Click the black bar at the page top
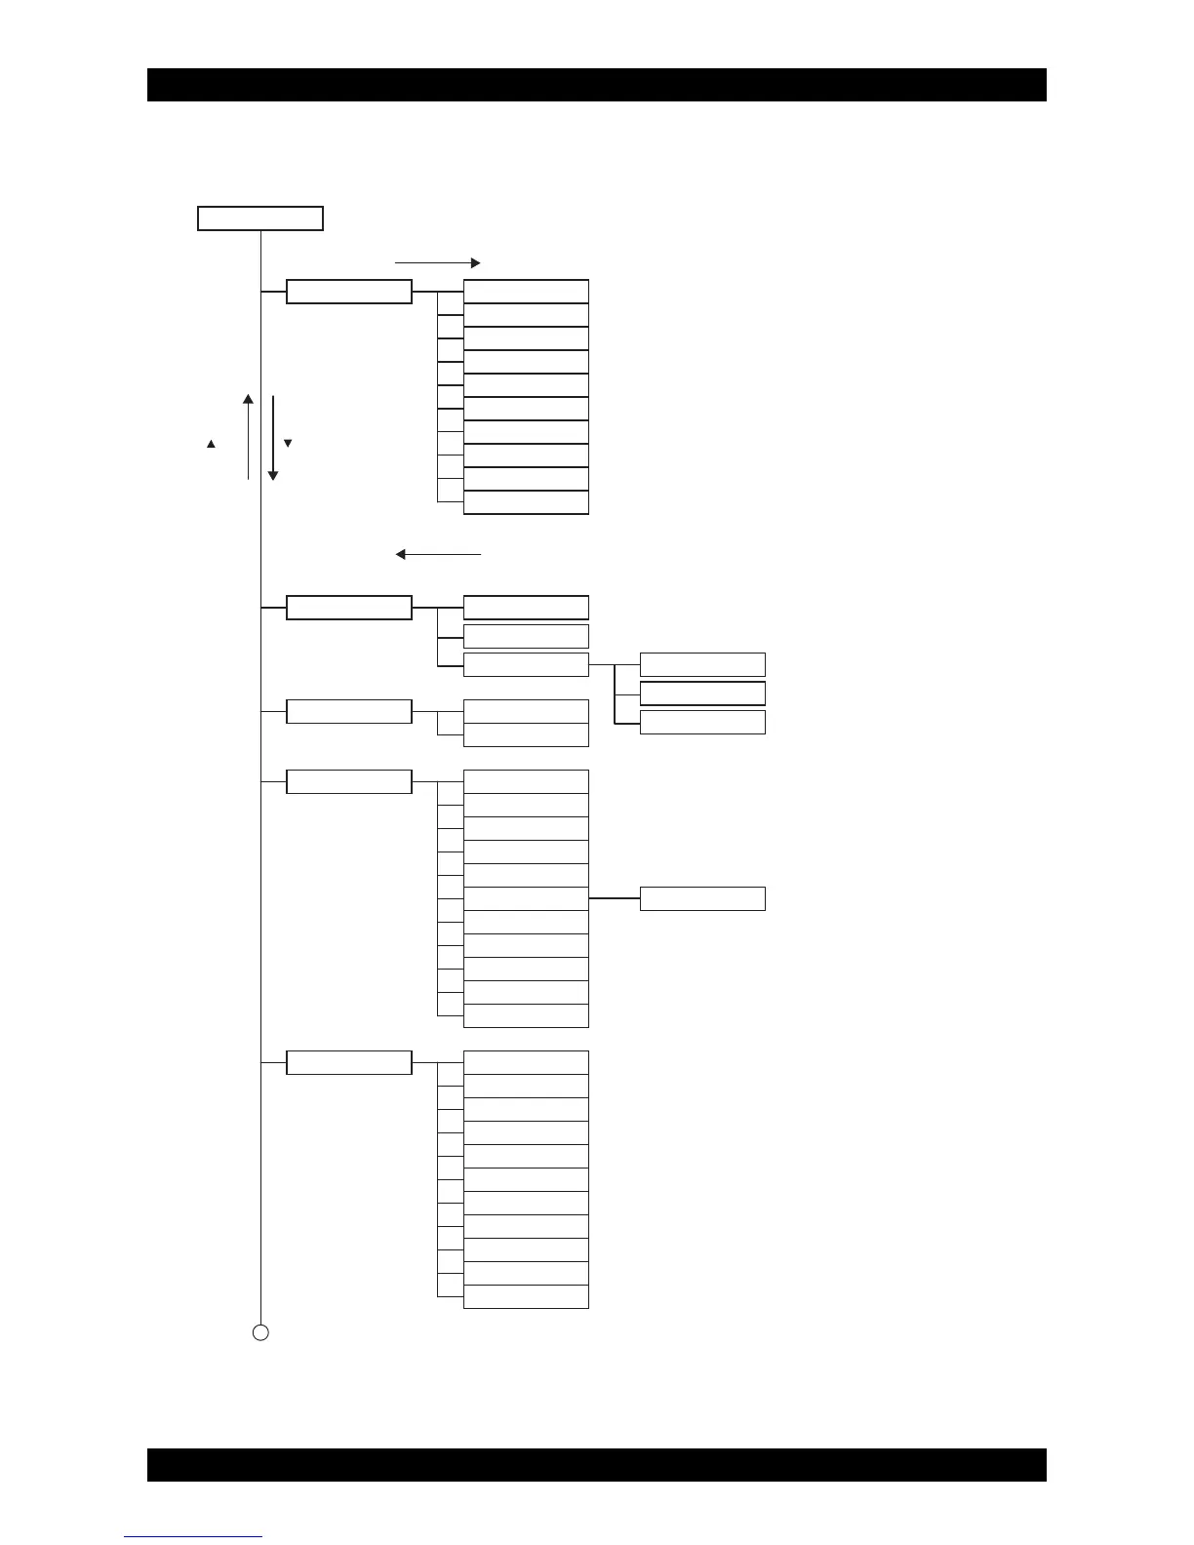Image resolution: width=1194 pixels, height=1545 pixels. pos(596,85)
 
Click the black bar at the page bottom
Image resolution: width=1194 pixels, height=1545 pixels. pos(596,1464)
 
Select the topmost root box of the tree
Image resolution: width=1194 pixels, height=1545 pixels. pos(260,218)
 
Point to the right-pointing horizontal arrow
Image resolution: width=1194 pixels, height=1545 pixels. pos(437,262)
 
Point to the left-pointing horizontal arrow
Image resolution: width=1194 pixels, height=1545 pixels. pos(438,554)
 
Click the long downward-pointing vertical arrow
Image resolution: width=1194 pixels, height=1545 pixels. pos(273,438)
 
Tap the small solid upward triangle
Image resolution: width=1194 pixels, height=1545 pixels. pos(211,445)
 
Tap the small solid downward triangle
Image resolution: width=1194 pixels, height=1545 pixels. pos(288,444)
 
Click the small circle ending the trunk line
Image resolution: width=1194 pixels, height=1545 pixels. pos(260,1332)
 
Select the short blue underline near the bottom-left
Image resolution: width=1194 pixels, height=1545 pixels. pos(193,1537)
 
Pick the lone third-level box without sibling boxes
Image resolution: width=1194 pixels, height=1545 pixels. pos(702,898)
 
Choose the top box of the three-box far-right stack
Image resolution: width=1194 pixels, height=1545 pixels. pos(702,665)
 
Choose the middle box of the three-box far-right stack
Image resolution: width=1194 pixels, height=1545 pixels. pos(702,693)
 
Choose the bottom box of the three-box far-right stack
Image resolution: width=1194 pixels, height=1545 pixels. pos(702,722)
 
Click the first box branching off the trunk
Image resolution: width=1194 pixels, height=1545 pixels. pos(349,292)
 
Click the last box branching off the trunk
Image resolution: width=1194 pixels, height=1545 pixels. pos(349,1062)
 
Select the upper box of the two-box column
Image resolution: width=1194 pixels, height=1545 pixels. pos(526,711)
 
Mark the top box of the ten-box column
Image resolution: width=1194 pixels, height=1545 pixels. pos(526,292)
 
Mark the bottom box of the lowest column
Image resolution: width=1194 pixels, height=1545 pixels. pos(526,1296)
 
